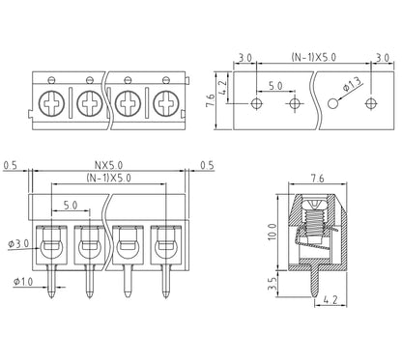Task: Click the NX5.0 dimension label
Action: (x=108, y=165)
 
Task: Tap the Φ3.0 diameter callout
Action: (x=18, y=243)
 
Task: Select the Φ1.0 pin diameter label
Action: (x=23, y=282)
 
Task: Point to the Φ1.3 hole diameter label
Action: (x=352, y=84)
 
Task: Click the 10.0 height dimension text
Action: (x=273, y=232)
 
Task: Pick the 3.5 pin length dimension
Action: (x=273, y=284)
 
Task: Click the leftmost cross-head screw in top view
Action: (x=51, y=103)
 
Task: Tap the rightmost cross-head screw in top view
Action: (x=166, y=103)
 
